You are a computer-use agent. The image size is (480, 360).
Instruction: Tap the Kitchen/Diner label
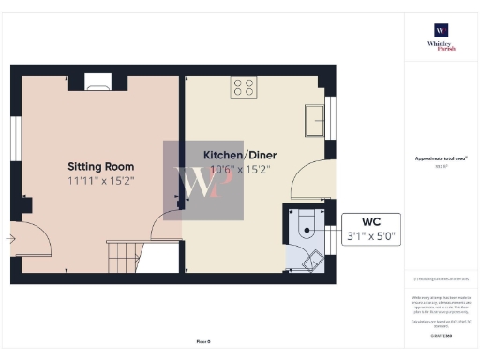[240, 155]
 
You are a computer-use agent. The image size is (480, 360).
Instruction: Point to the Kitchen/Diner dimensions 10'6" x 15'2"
[240, 170]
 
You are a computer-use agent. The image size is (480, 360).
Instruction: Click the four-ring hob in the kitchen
[244, 87]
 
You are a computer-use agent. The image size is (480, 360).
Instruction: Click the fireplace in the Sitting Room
[97, 83]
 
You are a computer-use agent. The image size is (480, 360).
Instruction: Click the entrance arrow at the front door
[9, 239]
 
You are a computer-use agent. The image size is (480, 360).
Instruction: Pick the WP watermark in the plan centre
[203, 181]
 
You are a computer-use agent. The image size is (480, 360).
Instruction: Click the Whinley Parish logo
[440, 36]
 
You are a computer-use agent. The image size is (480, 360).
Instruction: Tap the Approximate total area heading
[441, 159]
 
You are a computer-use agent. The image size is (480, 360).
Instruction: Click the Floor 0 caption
[203, 339]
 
